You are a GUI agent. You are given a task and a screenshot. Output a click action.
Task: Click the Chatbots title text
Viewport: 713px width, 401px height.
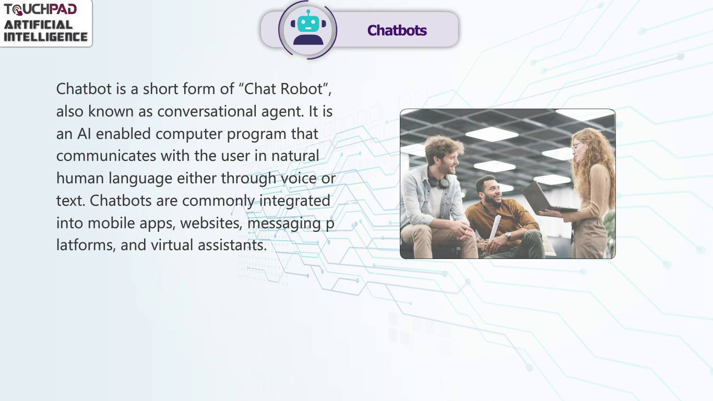[397, 30]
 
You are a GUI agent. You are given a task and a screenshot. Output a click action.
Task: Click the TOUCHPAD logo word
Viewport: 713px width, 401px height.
[40, 9]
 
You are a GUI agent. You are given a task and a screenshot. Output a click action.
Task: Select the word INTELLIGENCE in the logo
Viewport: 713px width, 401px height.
[45, 37]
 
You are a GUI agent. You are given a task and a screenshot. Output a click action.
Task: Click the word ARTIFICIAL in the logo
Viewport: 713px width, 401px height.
[38, 25]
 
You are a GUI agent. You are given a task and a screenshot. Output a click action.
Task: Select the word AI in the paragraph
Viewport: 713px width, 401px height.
[84, 134]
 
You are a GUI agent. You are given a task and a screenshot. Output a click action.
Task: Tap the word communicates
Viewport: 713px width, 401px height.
[106, 156]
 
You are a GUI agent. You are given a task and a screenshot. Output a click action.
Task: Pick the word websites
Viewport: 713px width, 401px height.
[211, 223]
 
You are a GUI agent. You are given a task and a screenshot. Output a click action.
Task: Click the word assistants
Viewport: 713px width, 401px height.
[232, 245]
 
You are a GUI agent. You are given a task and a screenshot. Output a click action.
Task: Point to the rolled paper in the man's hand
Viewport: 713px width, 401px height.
[495, 228]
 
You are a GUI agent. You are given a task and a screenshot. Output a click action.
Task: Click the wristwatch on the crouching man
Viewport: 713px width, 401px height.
[507, 235]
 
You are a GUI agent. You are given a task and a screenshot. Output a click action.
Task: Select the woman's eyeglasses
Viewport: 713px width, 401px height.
[578, 146]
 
